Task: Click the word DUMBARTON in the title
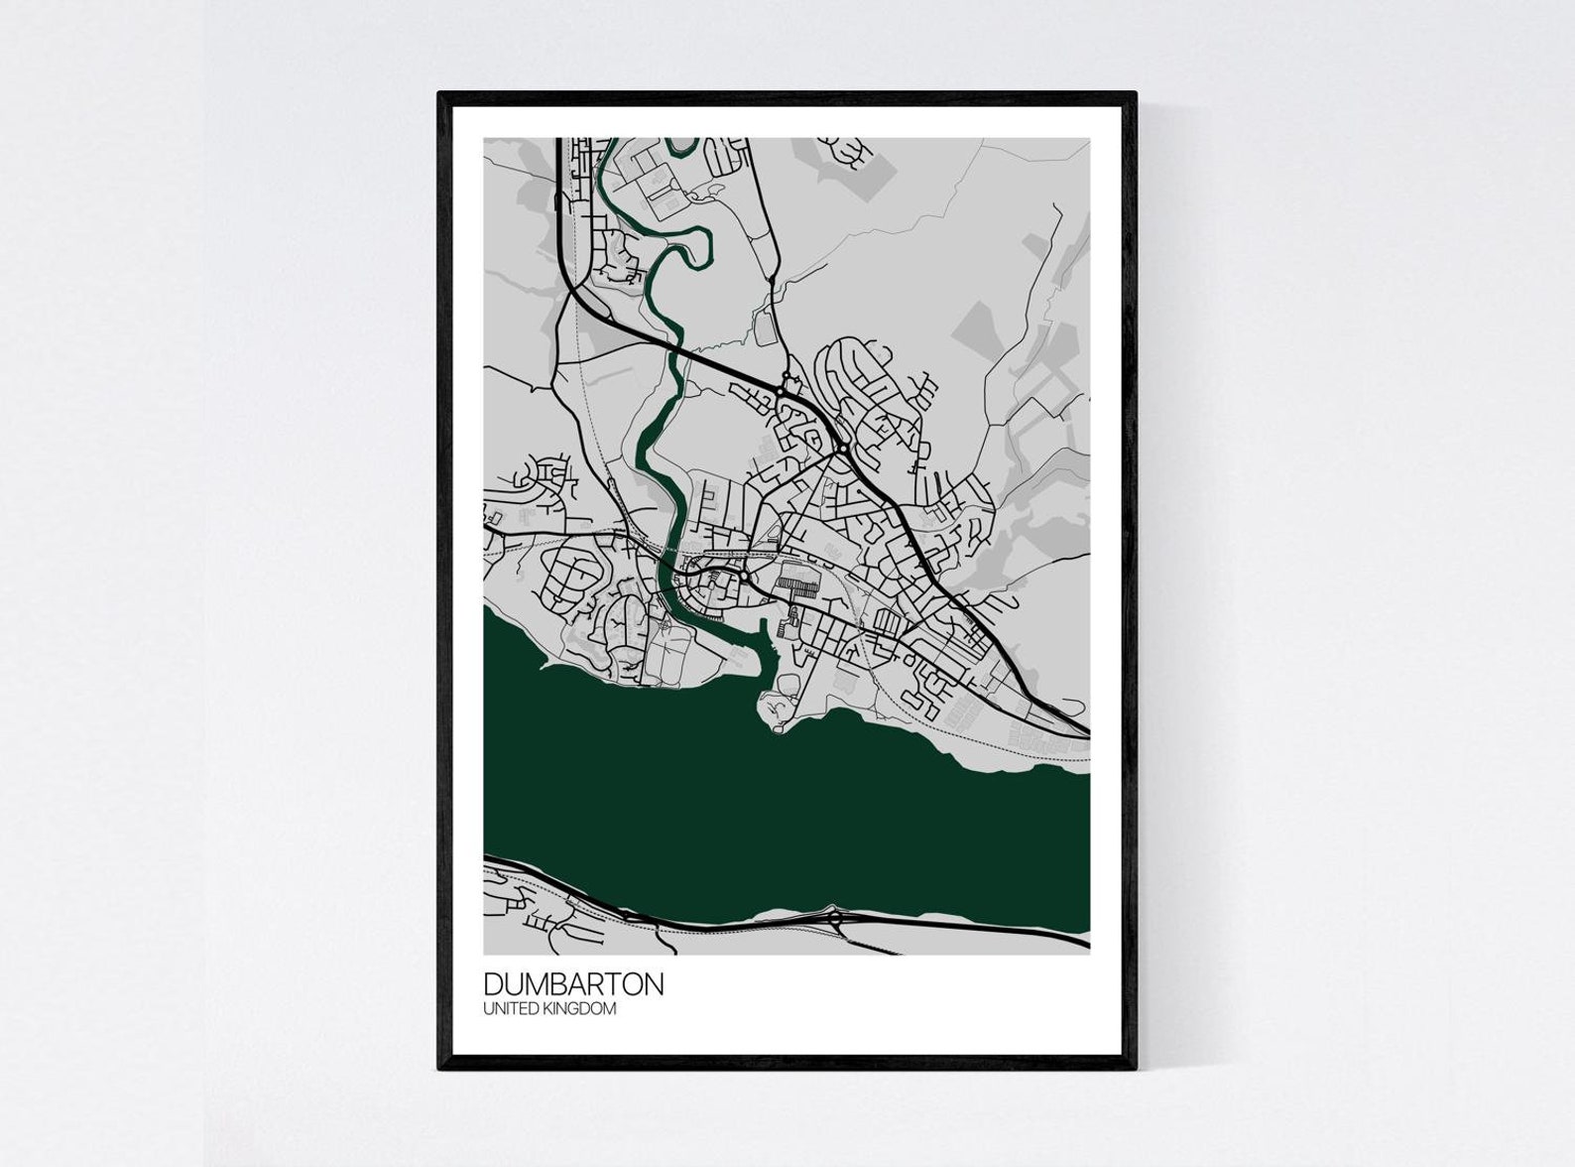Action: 573,984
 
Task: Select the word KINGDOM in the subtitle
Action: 584,1009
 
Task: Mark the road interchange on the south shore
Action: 836,918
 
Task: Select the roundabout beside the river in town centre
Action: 744,577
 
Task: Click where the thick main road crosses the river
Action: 676,350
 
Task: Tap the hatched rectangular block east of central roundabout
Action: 799,580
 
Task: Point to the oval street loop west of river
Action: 569,571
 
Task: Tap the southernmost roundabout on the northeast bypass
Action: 842,450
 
